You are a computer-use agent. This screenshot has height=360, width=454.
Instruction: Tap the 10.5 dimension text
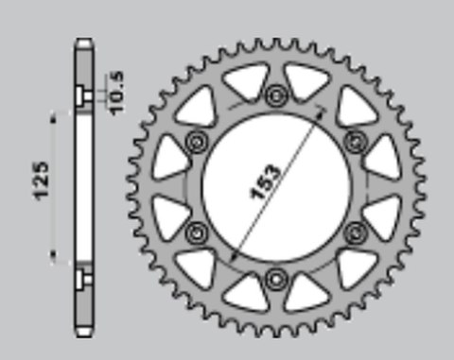point(116,92)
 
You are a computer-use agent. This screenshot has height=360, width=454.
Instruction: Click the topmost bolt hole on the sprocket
point(276,95)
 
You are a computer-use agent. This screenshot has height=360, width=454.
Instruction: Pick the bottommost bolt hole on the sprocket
point(276,278)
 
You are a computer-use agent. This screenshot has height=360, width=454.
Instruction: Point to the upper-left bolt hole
point(198,142)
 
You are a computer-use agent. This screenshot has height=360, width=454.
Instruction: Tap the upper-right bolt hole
point(356,142)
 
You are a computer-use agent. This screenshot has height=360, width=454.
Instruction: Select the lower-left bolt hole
point(198,232)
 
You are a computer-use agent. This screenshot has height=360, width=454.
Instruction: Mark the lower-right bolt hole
point(356,232)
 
